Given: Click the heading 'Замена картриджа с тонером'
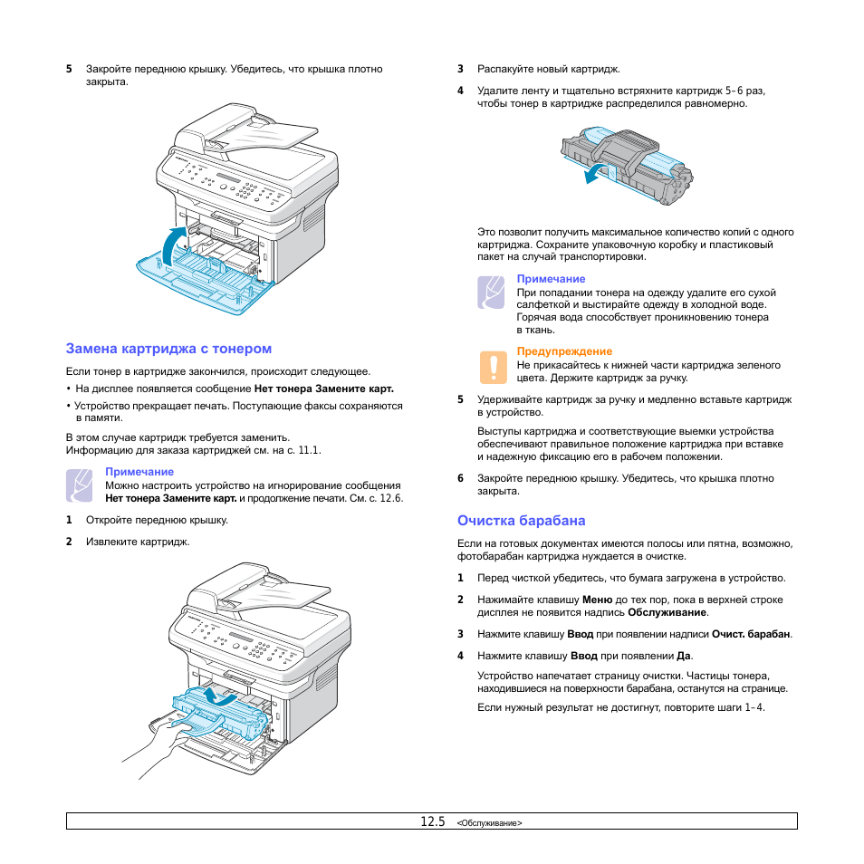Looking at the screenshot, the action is (168, 349).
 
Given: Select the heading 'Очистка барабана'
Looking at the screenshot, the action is (522, 521).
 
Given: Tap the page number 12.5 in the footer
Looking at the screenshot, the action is (433, 821).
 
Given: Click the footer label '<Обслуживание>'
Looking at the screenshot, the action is (489, 823).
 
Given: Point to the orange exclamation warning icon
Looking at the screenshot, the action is (494, 367).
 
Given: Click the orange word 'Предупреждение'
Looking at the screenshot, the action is (564, 351).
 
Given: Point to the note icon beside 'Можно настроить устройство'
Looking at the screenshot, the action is (80, 485).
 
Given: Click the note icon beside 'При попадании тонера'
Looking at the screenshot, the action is (491, 292).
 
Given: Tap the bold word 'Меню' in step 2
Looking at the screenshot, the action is (598, 600).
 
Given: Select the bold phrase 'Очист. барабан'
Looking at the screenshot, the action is (751, 634).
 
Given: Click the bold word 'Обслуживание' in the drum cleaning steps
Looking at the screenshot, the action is (667, 612).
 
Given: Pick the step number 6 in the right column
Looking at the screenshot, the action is (461, 478).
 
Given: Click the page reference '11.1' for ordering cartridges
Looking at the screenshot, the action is (309, 450).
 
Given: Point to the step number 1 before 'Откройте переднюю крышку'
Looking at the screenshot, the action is (69, 520).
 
